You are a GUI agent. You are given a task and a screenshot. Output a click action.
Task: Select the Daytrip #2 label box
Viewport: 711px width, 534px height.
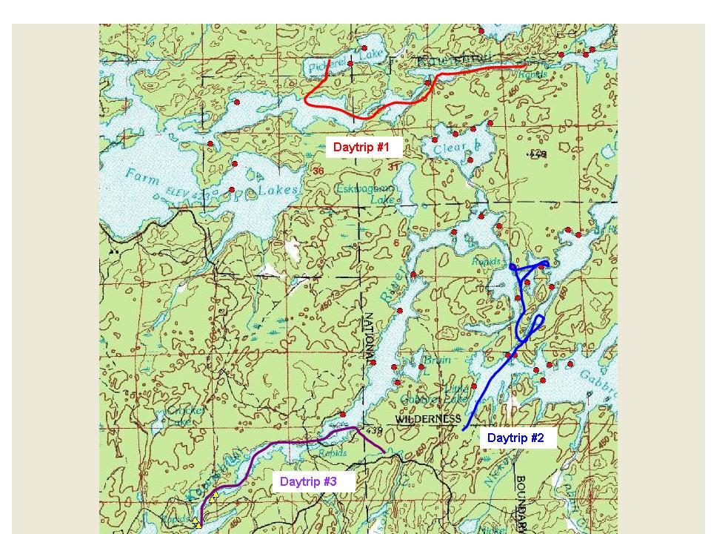515,438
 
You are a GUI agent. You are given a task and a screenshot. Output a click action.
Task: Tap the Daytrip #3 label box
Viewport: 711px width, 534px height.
308,482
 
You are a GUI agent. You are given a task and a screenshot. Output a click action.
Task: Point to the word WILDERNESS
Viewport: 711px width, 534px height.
428,419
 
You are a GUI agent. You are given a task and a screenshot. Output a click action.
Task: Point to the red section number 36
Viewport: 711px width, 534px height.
318,171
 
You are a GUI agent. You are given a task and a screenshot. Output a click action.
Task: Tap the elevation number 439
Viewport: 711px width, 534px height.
373,432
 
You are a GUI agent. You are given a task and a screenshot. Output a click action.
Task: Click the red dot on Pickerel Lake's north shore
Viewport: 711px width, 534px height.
364,48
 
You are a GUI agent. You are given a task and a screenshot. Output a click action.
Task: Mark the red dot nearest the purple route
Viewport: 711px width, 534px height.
343,415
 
